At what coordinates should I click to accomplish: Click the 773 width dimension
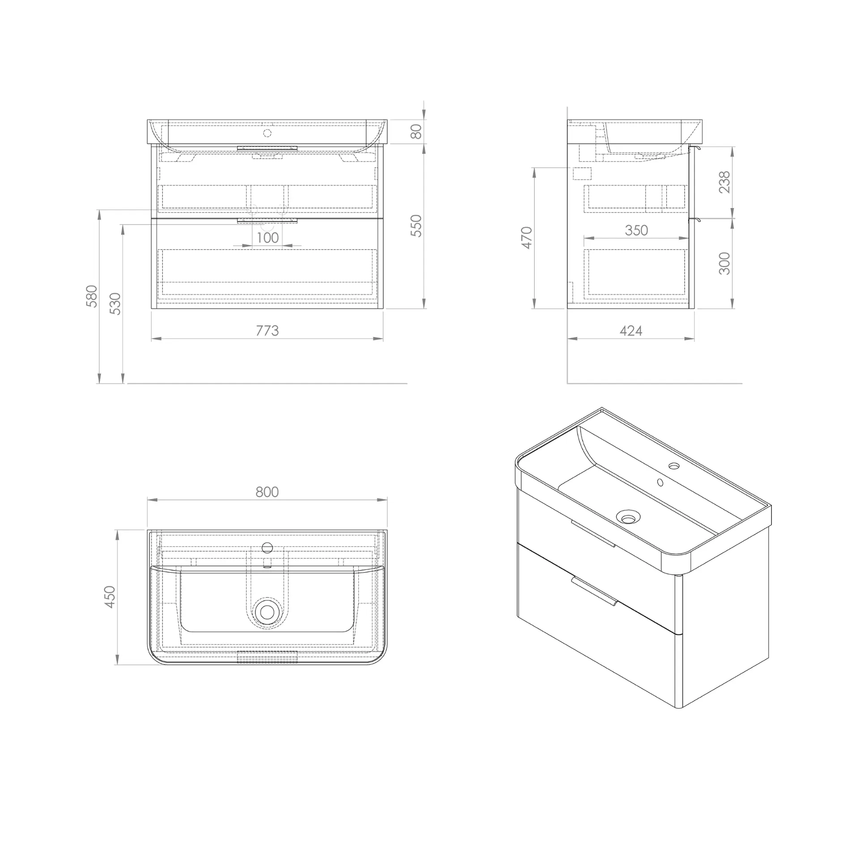(267, 331)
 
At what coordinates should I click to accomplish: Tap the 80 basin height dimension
(416, 132)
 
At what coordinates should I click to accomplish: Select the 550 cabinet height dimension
(416, 226)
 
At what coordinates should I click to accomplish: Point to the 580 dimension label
(91, 296)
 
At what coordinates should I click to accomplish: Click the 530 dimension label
(115, 304)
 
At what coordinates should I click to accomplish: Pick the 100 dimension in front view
(268, 238)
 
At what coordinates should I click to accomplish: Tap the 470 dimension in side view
(527, 238)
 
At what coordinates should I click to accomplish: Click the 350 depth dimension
(636, 230)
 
